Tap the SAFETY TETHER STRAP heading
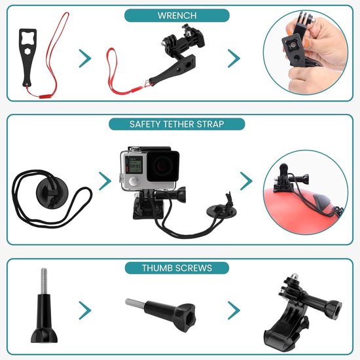coord(177,124)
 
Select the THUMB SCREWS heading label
coord(177,268)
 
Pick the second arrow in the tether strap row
coord(246,181)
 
